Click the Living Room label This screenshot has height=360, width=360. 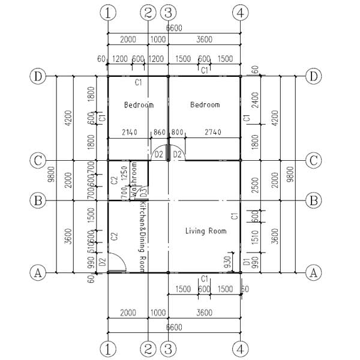pyautogui.click(x=206, y=231)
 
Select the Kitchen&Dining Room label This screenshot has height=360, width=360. pyautogui.click(x=143, y=236)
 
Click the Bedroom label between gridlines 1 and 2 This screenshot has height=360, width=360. pyautogui.click(x=139, y=105)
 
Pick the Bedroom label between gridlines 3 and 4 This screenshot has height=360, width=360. pyautogui.click(x=205, y=105)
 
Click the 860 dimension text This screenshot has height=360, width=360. pyautogui.click(x=159, y=132)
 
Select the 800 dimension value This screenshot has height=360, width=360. pyautogui.click(x=177, y=132)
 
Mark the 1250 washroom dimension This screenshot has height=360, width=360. pyautogui.click(x=124, y=172)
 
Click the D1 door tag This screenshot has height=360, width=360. pyautogui.click(x=246, y=262)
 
